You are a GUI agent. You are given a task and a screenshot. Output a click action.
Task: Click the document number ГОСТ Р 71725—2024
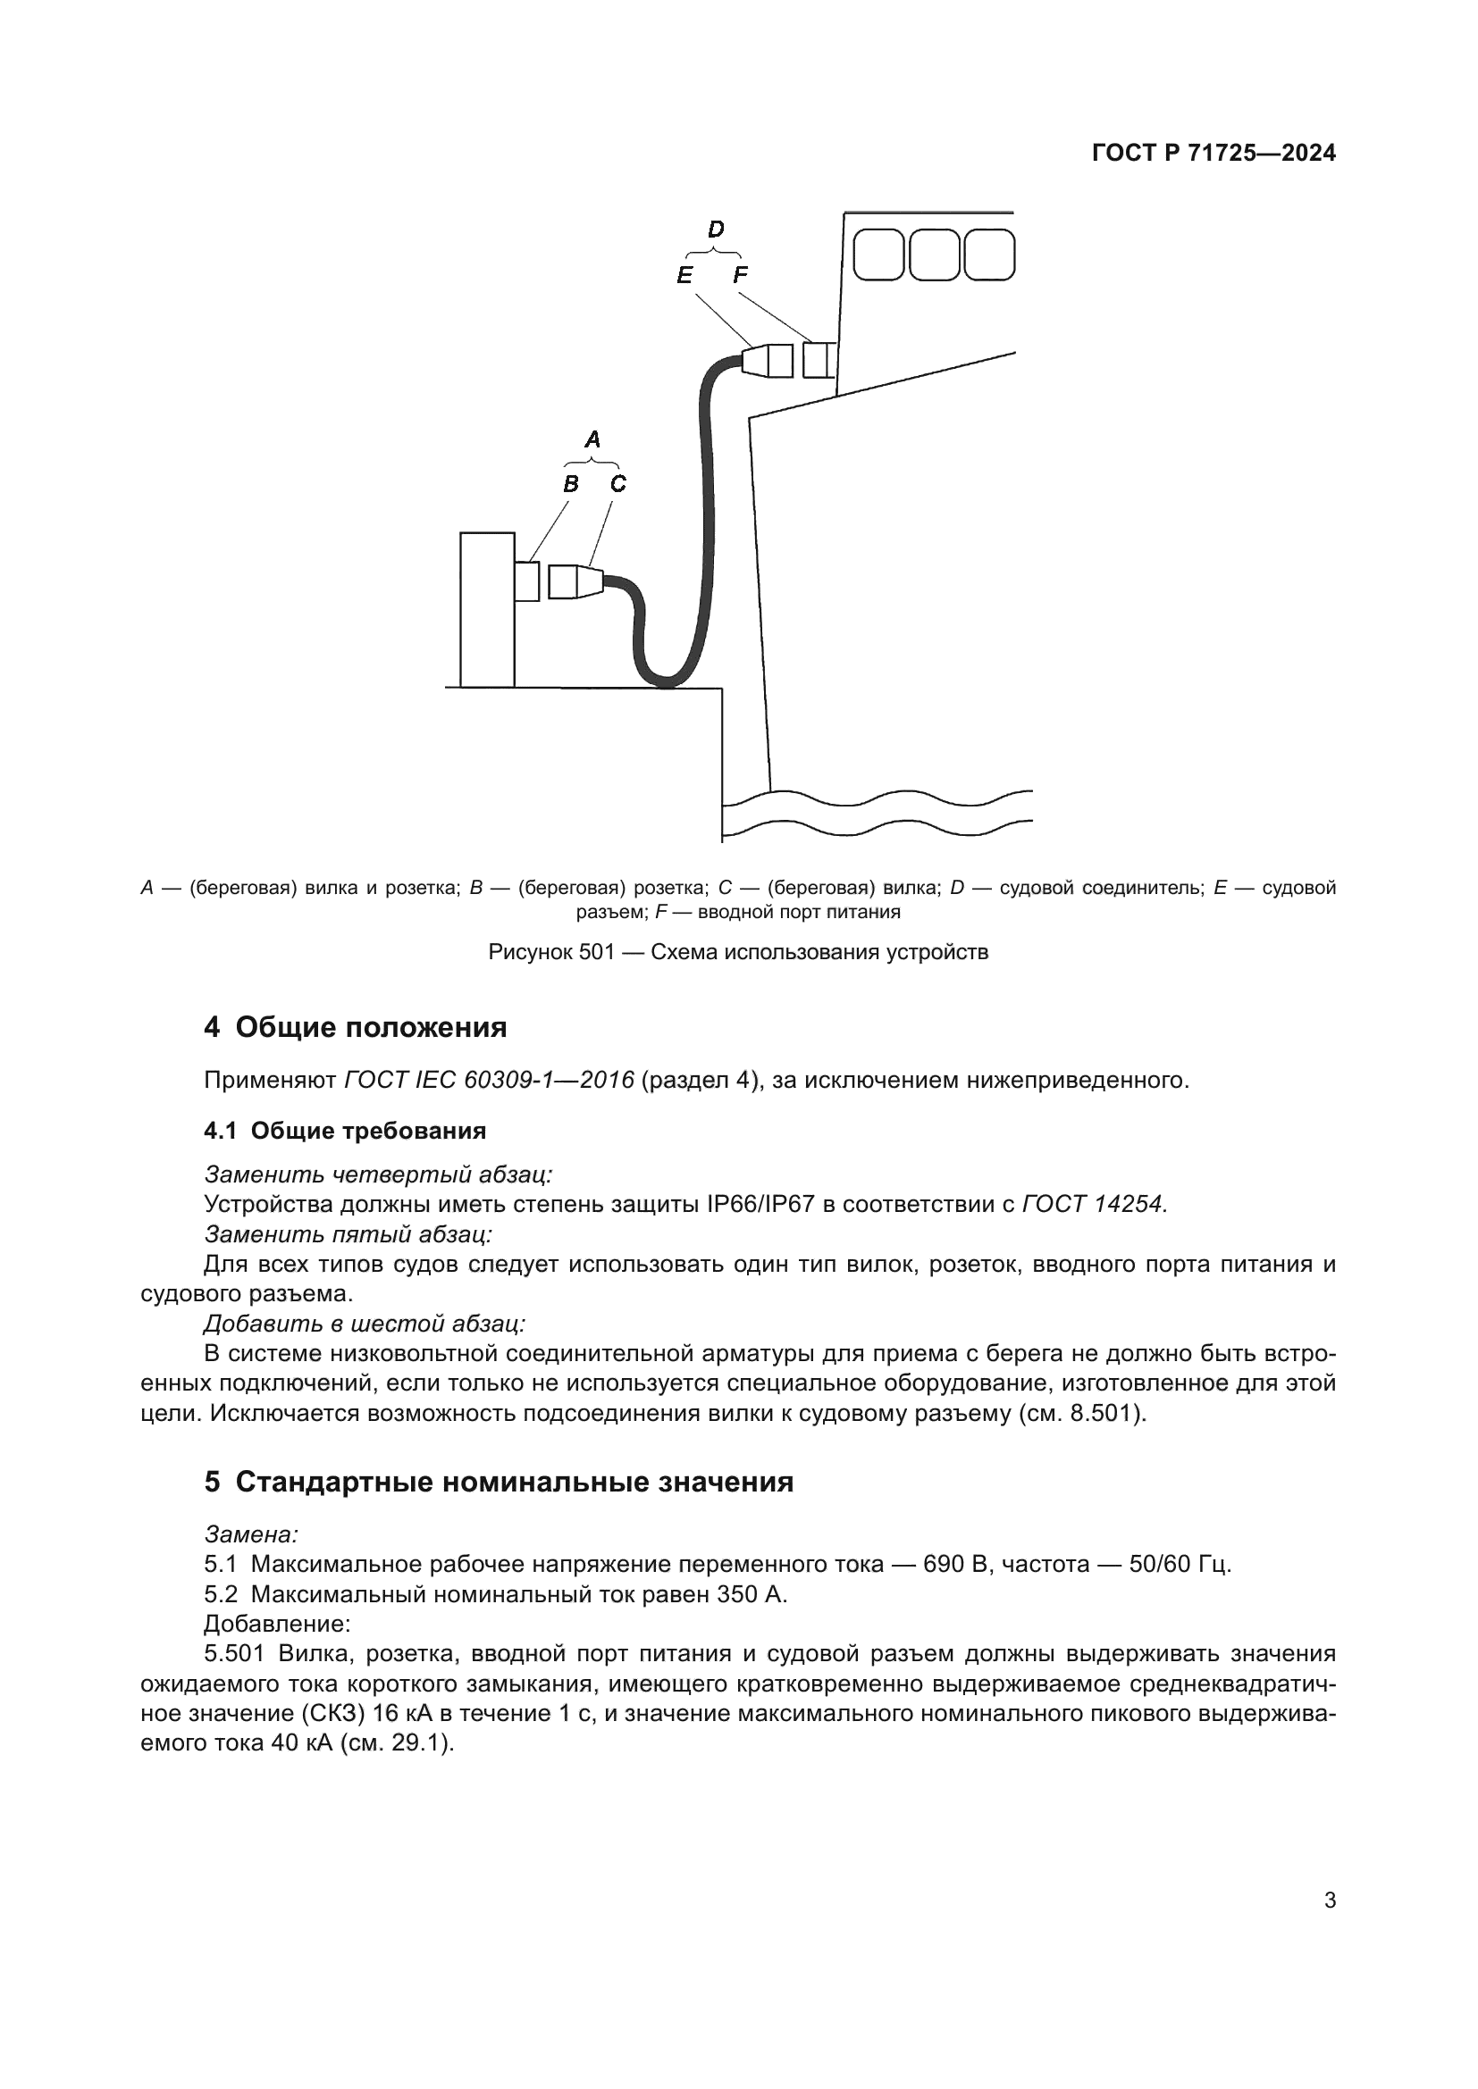(x=1213, y=153)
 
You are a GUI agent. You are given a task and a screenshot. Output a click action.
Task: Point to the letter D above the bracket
(x=716, y=230)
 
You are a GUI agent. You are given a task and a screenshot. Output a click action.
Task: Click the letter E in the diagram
(x=684, y=275)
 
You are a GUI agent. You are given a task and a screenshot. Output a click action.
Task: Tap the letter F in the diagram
(x=740, y=275)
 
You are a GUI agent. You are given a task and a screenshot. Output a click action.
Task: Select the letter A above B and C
(x=592, y=439)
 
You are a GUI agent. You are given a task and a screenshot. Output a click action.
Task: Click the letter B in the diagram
(x=571, y=484)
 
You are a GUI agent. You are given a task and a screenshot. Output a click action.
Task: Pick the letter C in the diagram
(x=618, y=484)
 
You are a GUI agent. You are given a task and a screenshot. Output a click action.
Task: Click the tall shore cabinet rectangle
(x=487, y=610)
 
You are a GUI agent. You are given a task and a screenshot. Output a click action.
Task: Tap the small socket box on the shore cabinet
(x=526, y=581)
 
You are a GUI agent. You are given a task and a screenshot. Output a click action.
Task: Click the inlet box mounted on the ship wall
(x=818, y=359)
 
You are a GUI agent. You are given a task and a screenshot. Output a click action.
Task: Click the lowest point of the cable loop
(x=668, y=682)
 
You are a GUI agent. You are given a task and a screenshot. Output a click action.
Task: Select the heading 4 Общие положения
(x=355, y=1027)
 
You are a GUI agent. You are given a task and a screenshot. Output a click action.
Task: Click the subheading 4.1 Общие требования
(x=345, y=1131)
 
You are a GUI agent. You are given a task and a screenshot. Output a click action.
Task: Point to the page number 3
(x=1330, y=1901)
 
